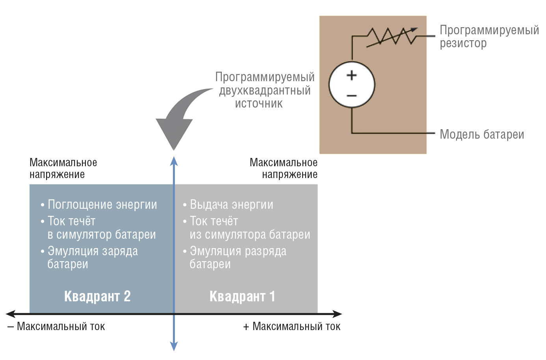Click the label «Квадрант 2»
[97, 296]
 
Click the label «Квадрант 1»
[242, 296]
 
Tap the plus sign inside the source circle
[351, 75]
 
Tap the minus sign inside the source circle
[351, 95]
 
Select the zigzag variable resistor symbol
[392, 37]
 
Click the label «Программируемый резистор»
[489, 36]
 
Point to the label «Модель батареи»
[481, 134]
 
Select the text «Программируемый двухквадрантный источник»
[264, 90]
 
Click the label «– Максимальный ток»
[56, 327]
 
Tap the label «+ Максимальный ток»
[292, 327]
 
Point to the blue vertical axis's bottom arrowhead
[174, 346]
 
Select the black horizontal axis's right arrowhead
[337, 314]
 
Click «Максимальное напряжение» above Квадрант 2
[63, 168]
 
